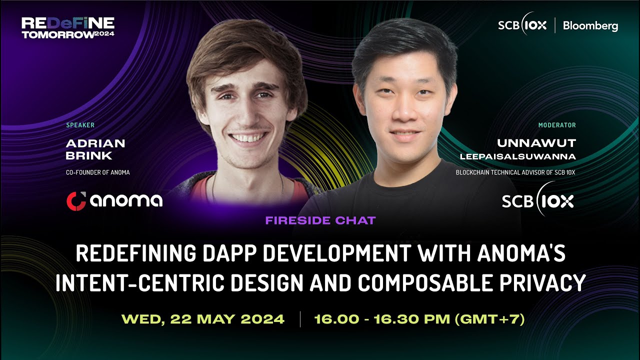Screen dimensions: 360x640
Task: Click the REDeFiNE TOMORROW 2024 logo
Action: coord(68,28)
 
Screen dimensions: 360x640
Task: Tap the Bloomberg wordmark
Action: coord(590,26)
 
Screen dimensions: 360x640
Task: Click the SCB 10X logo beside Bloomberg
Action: coord(522,25)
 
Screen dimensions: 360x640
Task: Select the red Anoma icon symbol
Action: coord(76,200)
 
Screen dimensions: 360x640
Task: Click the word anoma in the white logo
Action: coord(126,200)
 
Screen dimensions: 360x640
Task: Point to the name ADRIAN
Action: coord(95,143)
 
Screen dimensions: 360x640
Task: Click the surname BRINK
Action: coord(89,156)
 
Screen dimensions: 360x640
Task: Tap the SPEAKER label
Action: coord(80,125)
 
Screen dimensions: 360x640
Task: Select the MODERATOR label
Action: coord(557,125)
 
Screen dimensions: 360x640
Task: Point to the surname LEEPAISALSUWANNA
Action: coord(517,157)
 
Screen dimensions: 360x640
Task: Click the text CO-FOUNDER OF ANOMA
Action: coord(98,172)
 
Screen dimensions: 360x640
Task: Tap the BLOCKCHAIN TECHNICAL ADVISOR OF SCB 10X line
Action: coord(515,172)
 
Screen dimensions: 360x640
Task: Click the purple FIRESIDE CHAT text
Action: coord(320,220)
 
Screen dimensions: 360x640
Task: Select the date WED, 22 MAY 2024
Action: coord(203,319)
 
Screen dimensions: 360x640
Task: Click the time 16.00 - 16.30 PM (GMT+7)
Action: coord(419,319)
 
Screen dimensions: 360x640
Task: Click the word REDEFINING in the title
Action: coord(135,254)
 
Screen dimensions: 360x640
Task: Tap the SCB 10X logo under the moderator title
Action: coord(537,200)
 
